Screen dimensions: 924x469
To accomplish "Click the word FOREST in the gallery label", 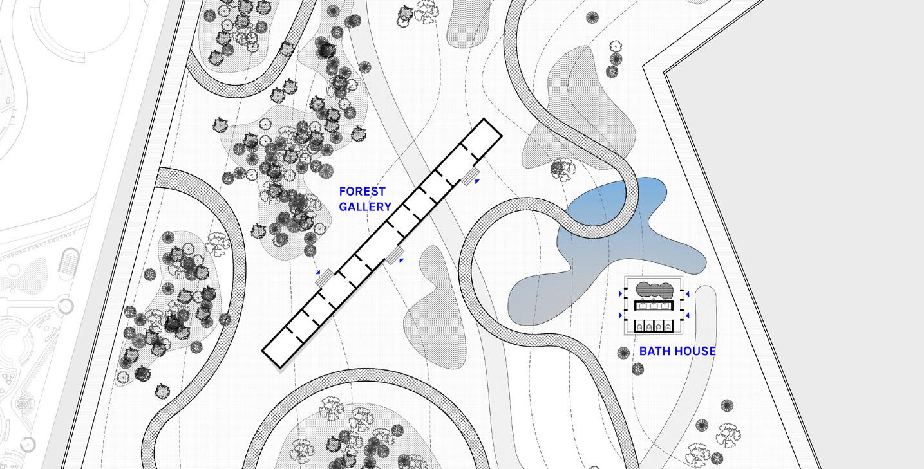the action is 362,191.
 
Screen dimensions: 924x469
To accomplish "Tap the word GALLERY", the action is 365,207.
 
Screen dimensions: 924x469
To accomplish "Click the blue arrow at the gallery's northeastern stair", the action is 477,182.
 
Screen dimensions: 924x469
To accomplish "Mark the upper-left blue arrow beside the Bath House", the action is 621,294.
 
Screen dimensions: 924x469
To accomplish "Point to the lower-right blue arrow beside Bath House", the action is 687,315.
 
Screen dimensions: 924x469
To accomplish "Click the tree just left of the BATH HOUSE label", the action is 623,353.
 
